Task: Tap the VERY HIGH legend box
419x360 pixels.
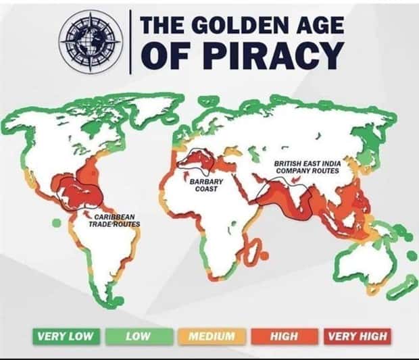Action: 356,336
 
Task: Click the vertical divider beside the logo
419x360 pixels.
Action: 130,43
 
